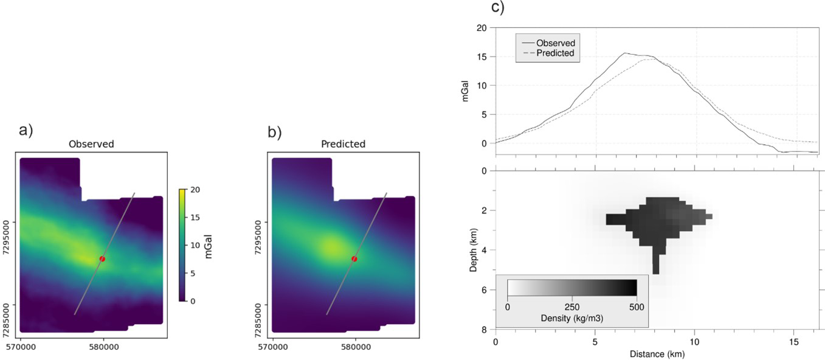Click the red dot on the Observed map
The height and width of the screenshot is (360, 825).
pos(102,259)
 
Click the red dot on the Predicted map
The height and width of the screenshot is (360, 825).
pos(354,259)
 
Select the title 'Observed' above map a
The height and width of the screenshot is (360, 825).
pos(91,144)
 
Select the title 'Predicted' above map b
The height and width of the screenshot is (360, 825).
pos(343,144)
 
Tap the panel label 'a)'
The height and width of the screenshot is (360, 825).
pos(26,130)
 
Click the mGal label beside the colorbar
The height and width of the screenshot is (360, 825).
pos(209,245)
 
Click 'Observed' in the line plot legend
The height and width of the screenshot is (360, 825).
pos(555,43)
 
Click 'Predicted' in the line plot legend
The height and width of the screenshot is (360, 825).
pos(555,53)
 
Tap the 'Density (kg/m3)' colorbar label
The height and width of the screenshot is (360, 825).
pos(571,318)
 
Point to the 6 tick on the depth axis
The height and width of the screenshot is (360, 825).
pos(484,290)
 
